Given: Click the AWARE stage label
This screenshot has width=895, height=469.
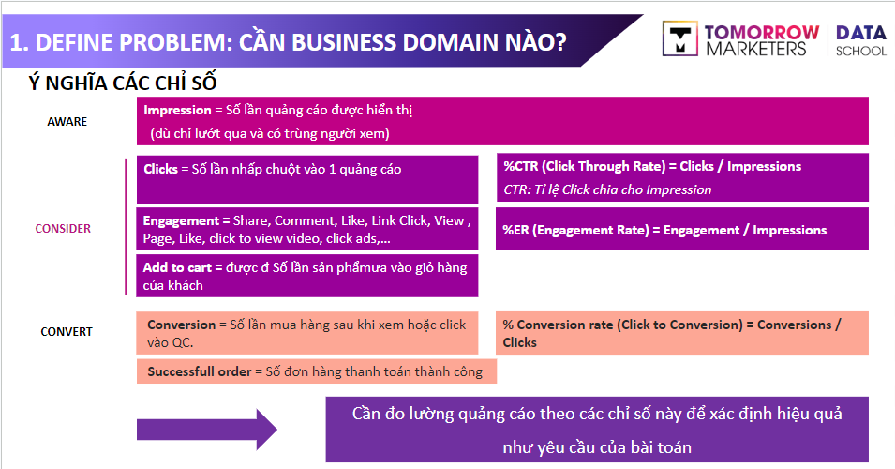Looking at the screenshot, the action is [x=67, y=121].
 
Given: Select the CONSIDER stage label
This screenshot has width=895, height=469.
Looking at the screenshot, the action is [x=63, y=228].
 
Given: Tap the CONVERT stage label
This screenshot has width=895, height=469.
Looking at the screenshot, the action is [x=67, y=331].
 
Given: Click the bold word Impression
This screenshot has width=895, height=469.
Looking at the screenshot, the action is [x=177, y=111].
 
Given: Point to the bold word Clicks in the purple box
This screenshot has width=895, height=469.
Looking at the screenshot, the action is [x=160, y=169].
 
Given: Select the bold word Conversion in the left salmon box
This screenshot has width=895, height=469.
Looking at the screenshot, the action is [x=181, y=325].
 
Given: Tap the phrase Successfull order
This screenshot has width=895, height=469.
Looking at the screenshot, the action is [x=199, y=371].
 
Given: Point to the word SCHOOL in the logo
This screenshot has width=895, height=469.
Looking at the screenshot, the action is [x=860, y=51].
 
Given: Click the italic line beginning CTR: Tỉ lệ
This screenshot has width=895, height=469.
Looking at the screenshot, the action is [x=607, y=189].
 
